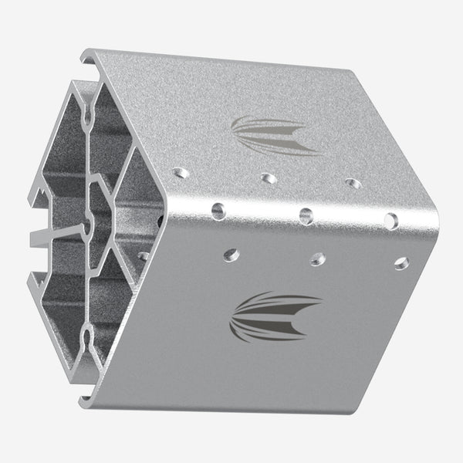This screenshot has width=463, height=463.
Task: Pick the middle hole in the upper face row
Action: point(269,178)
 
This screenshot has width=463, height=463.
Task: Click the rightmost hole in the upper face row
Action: point(353,184)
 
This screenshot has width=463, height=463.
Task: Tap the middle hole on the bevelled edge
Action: point(306,215)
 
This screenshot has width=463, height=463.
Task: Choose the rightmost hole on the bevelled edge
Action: point(391,221)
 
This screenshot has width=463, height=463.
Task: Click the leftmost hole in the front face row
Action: point(231,254)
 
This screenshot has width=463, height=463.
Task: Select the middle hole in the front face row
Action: point(317,259)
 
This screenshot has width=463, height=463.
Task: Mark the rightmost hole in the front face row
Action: point(401,263)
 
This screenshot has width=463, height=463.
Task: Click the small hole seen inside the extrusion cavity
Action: point(144,255)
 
